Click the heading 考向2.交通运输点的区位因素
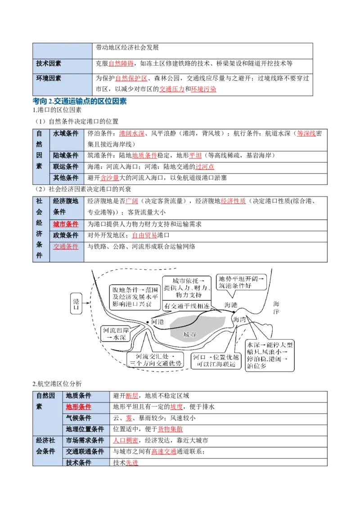[x=80, y=101]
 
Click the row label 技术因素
[x=49, y=63]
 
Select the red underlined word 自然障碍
[x=121, y=64]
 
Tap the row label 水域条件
[x=66, y=134]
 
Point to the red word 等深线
[x=306, y=134]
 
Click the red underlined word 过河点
[x=205, y=167]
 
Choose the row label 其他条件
[x=66, y=178]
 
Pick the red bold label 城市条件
[x=66, y=224]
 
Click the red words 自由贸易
[x=144, y=235]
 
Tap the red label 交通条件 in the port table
[x=66, y=247]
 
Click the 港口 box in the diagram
[x=76, y=303]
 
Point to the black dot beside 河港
[x=148, y=322]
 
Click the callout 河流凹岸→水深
[x=116, y=334]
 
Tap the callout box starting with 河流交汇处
[x=155, y=360]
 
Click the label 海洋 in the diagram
[x=276, y=308]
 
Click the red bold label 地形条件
[x=79, y=407]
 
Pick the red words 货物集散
[x=170, y=429]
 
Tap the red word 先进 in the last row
[x=132, y=463]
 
